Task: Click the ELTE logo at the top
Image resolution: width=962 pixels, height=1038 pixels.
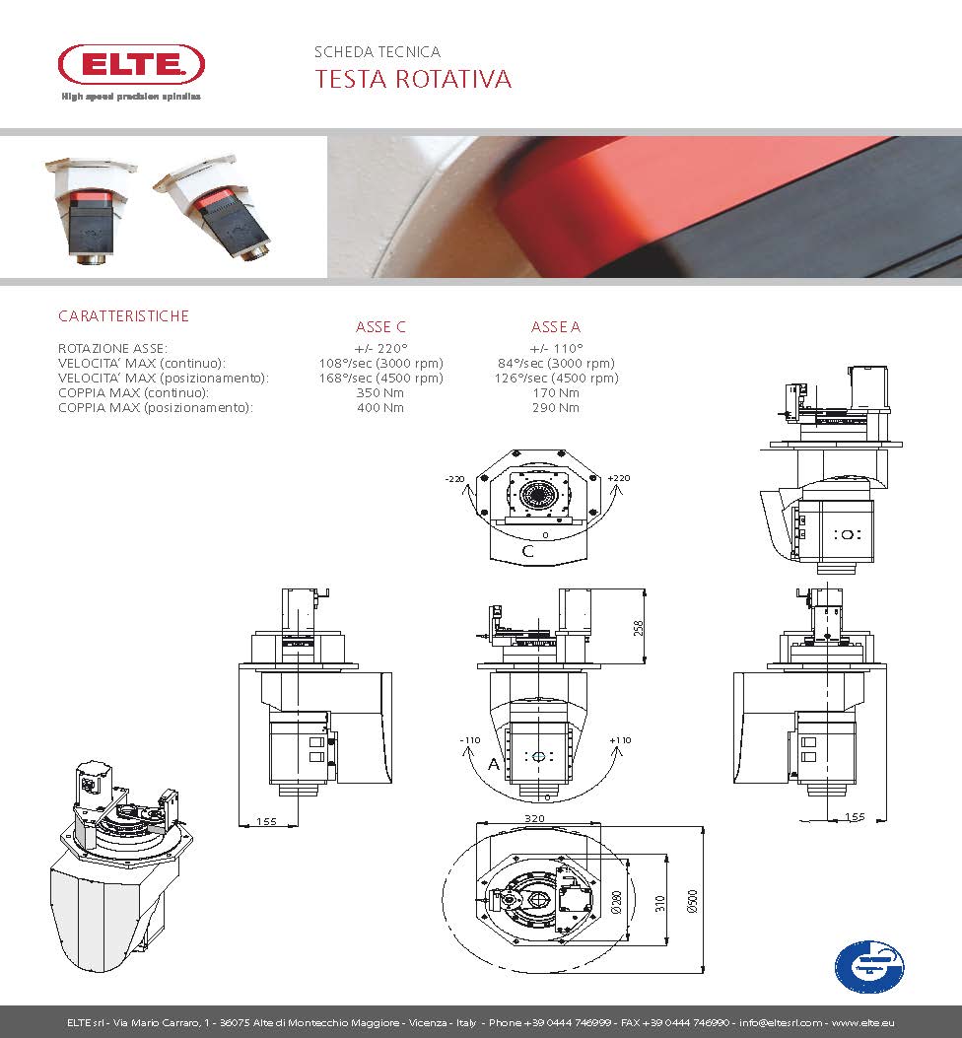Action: click(131, 66)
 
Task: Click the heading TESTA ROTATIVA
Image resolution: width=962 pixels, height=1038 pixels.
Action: click(413, 80)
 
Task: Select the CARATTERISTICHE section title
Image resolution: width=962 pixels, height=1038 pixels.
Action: click(123, 316)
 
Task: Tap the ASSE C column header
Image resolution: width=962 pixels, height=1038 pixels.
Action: click(380, 327)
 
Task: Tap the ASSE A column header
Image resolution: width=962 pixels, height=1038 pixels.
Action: click(556, 327)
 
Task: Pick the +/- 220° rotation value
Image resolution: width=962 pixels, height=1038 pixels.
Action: click(380, 348)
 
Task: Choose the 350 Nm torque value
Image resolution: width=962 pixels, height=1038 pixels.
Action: click(380, 392)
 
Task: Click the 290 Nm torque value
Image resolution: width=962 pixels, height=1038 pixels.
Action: click(556, 407)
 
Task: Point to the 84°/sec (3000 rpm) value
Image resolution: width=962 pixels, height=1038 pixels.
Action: click(556, 363)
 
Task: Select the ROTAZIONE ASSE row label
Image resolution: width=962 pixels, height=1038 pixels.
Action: click(112, 348)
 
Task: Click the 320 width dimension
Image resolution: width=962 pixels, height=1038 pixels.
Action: click(536, 818)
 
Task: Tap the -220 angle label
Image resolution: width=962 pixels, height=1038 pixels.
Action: click(454, 478)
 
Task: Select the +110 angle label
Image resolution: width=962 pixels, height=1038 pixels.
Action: click(620, 740)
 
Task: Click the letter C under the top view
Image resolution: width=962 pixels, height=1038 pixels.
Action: click(528, 551)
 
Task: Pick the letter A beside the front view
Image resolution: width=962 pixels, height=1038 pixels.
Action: click(492, 763)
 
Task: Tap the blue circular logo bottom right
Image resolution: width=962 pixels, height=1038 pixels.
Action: click(868, 966)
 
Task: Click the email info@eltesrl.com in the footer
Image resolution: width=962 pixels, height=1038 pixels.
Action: click(778, 1022)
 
